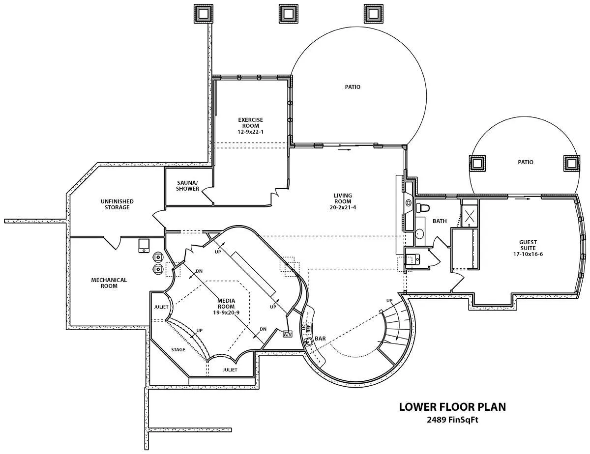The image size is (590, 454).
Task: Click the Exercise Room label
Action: (250, 122)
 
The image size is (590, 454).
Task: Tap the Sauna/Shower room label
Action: (187, 186)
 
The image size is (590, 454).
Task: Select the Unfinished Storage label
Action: (117, 204)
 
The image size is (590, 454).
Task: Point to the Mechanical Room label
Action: (109, 283)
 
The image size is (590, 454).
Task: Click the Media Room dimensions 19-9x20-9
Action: (226, 312)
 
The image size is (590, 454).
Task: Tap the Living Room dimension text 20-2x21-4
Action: (343, 207)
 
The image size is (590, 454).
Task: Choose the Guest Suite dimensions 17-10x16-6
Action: (528, 254)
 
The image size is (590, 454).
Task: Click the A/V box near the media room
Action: (288, 334)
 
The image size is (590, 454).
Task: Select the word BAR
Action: (320, 339)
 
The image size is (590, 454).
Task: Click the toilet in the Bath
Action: (422, 208)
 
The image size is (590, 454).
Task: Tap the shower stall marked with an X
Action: (470, 216)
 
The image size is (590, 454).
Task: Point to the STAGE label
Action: (178, 349)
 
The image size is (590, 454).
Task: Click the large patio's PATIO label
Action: (353, 87)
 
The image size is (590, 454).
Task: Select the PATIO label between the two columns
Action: (526, 162)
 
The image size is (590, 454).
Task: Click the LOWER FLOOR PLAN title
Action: (452, 407)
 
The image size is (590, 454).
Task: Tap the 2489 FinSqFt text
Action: (452, 420)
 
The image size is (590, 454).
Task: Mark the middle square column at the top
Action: (288, 13)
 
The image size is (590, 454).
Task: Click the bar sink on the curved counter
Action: (309, 341)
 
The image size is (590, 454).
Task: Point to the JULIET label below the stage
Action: (230, 369)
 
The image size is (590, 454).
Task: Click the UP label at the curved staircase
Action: (389, 301)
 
